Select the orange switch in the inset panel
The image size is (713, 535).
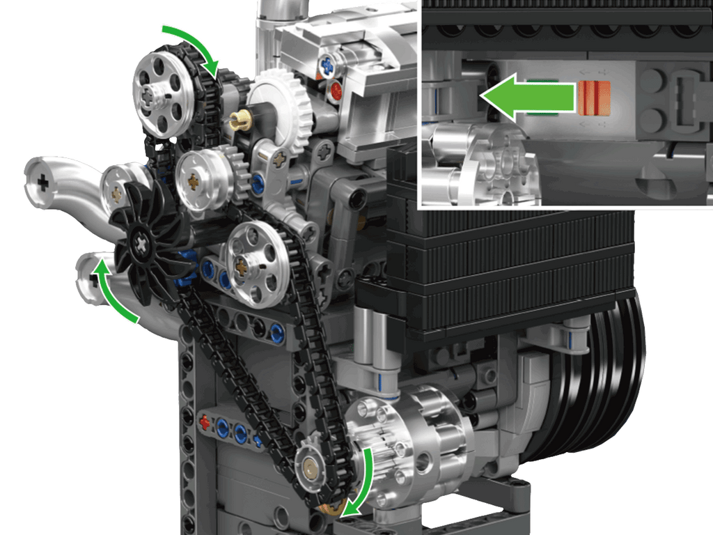(x=594, y=97)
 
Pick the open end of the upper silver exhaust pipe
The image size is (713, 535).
(x=44, y=183)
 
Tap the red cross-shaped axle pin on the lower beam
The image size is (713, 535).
(x=205, y=422)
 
